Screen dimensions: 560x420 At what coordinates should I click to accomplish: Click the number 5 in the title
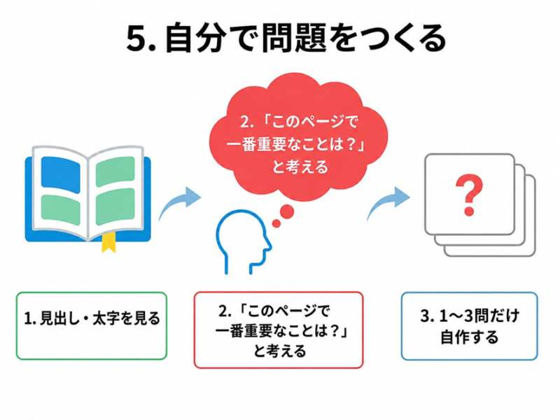(x=137, y=38)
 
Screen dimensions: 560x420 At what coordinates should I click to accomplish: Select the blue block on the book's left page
(x=60, y=174)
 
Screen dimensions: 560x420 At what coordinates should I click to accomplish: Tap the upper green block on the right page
(x=115, y=171)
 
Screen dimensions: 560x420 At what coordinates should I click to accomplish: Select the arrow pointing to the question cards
(x=388, y=202)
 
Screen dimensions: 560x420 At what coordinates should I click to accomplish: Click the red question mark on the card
(x=469, y=195)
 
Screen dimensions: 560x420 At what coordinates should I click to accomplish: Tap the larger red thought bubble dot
(x=286, y=211)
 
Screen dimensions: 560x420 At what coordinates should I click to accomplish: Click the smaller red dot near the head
(x=276, y=223)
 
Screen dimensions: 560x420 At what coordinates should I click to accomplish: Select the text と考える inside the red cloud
(x=300, y=167)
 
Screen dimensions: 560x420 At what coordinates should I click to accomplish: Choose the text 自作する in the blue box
(x=469, y=337)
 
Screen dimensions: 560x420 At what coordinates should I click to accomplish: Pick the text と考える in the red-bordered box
(x=280, y=351)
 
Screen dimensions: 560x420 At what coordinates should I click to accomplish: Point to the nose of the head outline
(x=269, y=246)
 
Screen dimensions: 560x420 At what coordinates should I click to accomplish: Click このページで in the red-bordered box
(x=288, y=311)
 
